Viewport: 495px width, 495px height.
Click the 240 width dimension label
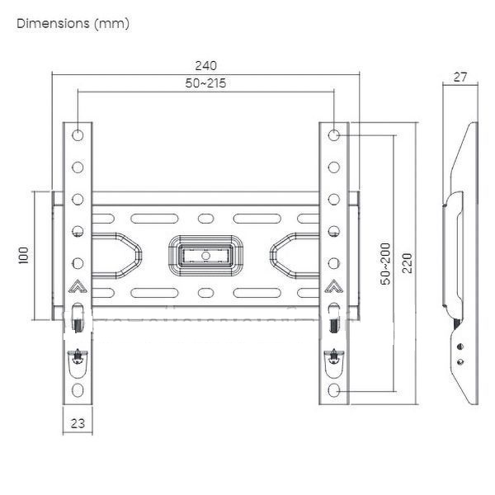tap(205, 66)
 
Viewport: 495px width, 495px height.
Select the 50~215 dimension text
tap(205, 83)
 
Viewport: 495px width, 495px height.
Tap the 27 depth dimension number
tap(460, 77)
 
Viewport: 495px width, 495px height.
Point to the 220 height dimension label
tap(408, 262)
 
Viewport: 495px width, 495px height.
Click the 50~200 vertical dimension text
tap(385, 264)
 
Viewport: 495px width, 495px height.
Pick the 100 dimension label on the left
tap(23, 256)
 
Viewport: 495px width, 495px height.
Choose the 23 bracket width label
tap(78, 423)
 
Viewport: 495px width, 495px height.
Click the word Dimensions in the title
tap(53, 23)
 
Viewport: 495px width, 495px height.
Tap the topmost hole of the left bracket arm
tap(78, 135)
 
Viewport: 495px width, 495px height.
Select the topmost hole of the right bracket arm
tap(333, 135)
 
